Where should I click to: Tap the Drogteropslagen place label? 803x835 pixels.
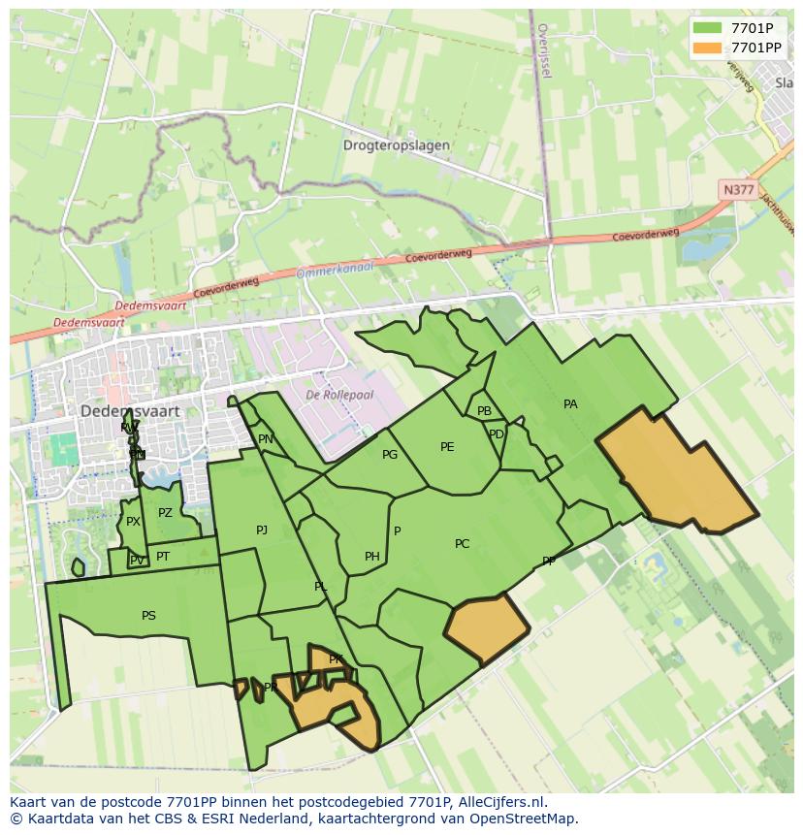[x=396, y=145]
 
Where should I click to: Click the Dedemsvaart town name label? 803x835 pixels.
[x=130, y=411]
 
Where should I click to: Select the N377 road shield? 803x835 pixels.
[x=738, y=190]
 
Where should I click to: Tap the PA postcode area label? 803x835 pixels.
[x=570, y=404]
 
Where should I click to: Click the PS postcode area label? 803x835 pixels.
[x=148, y=616]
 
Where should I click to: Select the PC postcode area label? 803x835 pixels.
[x=462, y=544]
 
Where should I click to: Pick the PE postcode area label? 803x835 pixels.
[x=447, y=447]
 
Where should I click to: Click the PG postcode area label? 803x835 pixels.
[x=390, y=455]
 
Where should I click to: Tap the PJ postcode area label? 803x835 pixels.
[x=262, y=530]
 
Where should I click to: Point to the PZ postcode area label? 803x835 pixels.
[x=165, y=513]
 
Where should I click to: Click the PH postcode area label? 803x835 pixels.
[x=372, y=557]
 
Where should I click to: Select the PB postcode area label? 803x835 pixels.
[x=484, y=411]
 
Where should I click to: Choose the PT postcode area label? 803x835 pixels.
[x=163, y=557]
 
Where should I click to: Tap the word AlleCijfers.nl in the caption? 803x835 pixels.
[x=500, y=802]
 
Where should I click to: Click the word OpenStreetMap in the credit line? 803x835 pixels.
[x=525, y=819]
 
